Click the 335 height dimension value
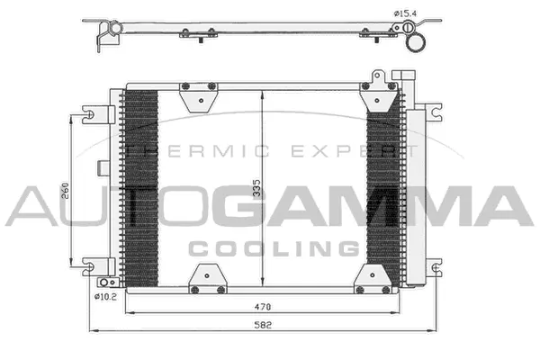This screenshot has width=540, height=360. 257,186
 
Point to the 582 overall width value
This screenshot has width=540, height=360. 262,323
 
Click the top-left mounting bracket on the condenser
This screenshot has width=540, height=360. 197,95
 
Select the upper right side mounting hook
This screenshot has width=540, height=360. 435,114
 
